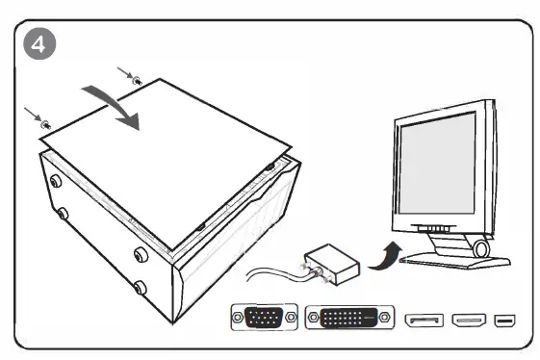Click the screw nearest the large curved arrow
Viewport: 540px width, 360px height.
(138, 80)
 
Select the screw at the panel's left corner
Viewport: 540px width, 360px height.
(44, 123)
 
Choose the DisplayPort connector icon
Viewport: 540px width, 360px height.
(424, 320)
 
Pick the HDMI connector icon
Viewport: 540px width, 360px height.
(469, 320)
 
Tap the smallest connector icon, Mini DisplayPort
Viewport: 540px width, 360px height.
(504, 320)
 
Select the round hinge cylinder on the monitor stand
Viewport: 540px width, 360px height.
(480, 248)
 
